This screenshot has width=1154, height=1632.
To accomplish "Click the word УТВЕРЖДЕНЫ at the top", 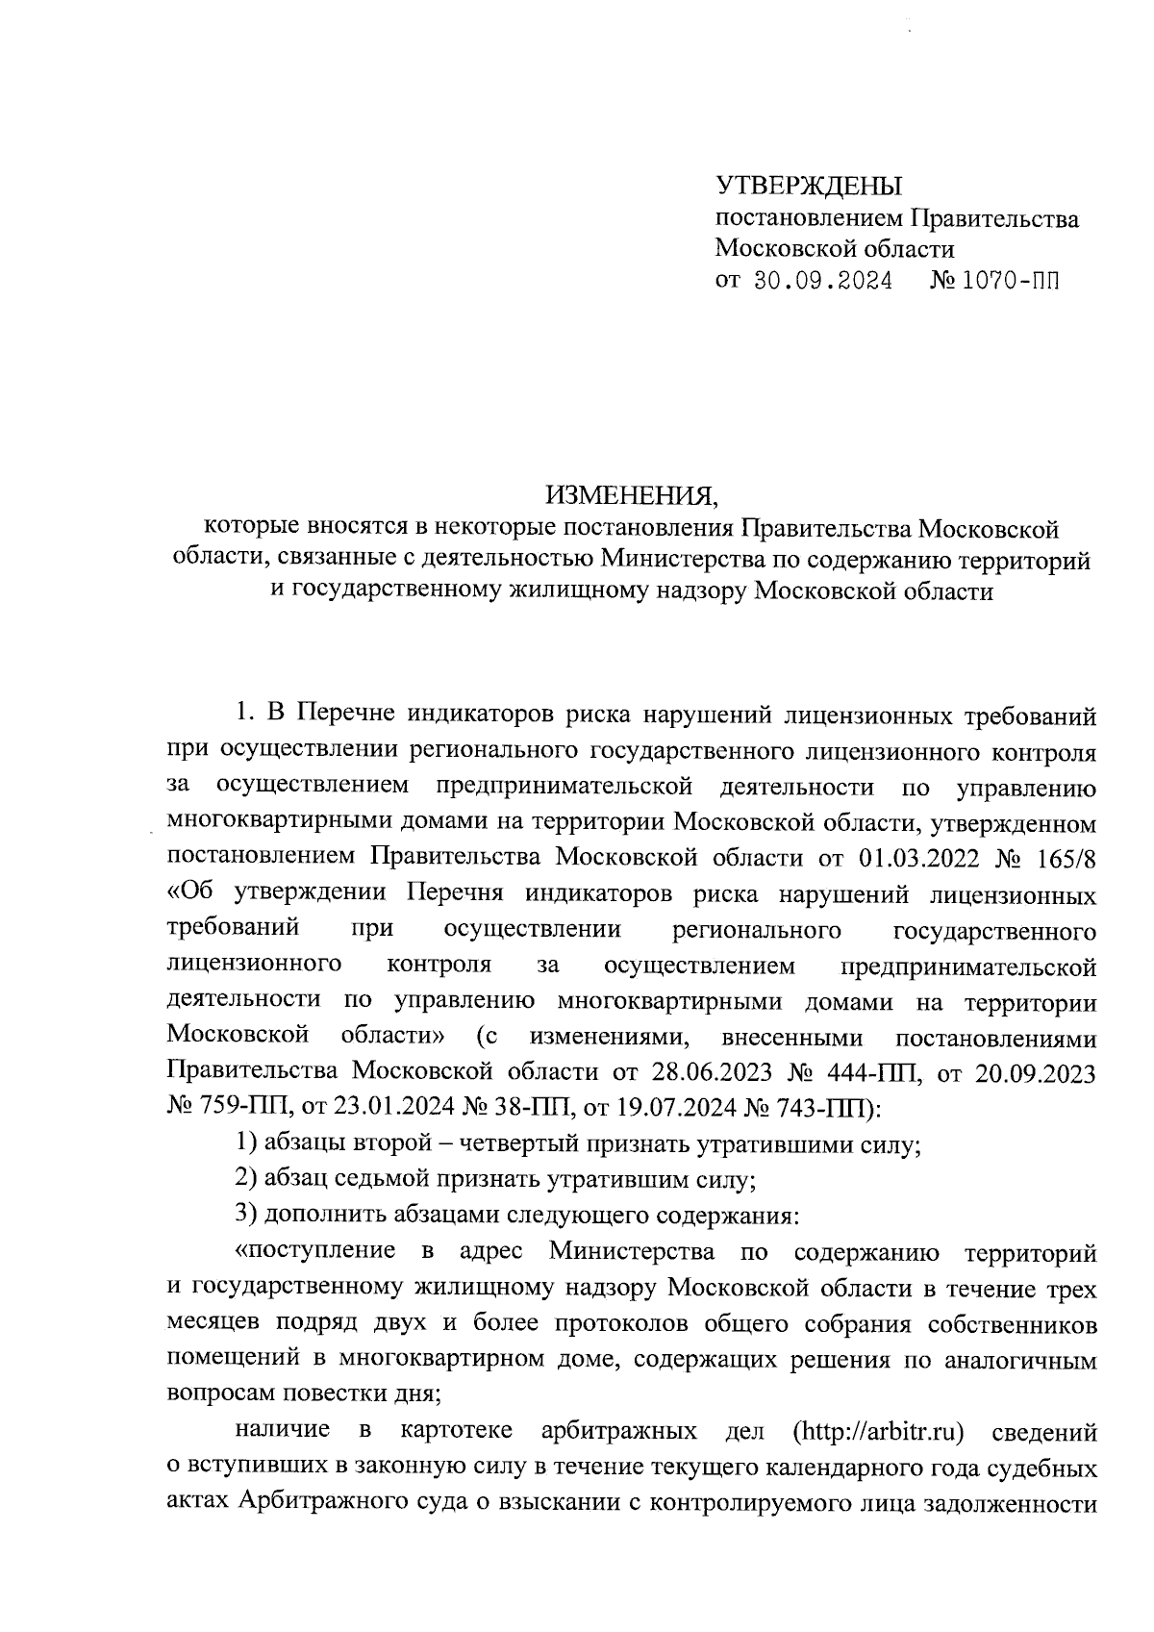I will tap(810, 186).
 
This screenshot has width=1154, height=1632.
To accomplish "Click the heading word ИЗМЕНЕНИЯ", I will tap(632, 496).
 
